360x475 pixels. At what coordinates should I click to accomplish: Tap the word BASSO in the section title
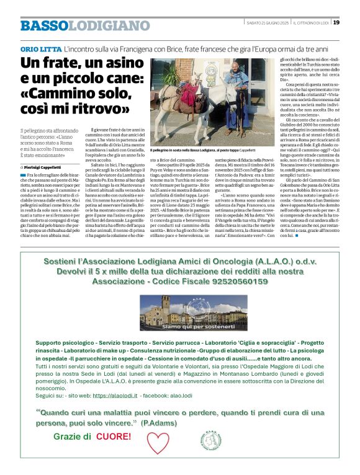(x=43, y=25)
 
